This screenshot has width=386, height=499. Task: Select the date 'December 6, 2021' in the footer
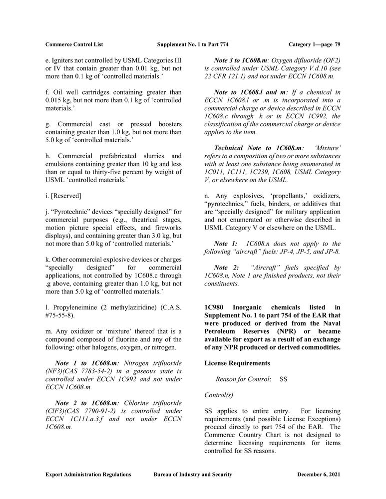(319, 475)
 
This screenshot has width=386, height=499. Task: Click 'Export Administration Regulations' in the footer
(88, 475)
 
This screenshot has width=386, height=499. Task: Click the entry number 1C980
(215, 307)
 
